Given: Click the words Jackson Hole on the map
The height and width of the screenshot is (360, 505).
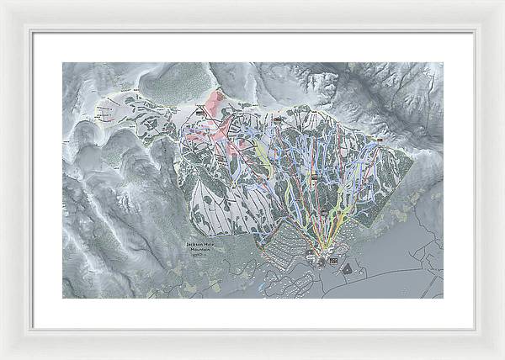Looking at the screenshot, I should pos(200,244).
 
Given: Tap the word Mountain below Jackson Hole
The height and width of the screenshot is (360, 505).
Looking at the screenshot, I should pos(200,249).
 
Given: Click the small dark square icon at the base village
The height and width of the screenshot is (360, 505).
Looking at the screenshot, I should pos(334,262).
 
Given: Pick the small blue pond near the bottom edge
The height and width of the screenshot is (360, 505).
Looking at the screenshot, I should pos(263,288).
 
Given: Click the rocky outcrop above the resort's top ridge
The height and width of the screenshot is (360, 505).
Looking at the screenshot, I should pos(320,84).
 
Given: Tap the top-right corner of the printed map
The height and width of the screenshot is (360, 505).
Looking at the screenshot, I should pos(443,62).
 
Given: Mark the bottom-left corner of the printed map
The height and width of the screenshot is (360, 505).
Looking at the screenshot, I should pos(62,298).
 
